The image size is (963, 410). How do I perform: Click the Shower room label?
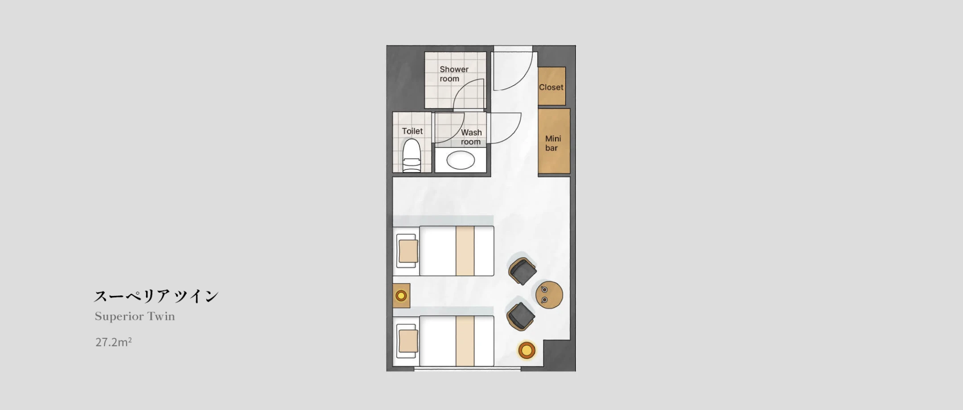tap(454, 74)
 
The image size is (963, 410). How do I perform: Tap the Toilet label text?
tap(412, 131)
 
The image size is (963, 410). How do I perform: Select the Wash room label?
tap(471, 137)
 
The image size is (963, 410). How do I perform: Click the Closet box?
tap(551, 86)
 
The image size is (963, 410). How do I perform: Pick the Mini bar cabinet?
tap(554, 141)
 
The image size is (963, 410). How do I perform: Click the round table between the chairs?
tap(549, 295)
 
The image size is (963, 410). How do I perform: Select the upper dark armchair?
tap(523, 271)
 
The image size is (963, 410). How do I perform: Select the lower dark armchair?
tap(521, 316)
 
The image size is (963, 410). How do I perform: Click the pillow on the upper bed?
tap(408, 251)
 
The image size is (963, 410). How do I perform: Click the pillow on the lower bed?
tap(408, 341)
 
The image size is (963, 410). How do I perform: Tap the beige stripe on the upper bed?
tap(465, 251)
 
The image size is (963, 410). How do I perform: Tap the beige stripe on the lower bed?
tap(465, 341)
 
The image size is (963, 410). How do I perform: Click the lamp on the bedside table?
tap(401, 295)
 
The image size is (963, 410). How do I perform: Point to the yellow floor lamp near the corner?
tap(527, 350)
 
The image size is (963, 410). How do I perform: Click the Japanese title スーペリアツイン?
tap(156, 296)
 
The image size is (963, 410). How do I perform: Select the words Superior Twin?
tap(135, 316)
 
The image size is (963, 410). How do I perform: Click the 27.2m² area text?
tap(113, 342)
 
